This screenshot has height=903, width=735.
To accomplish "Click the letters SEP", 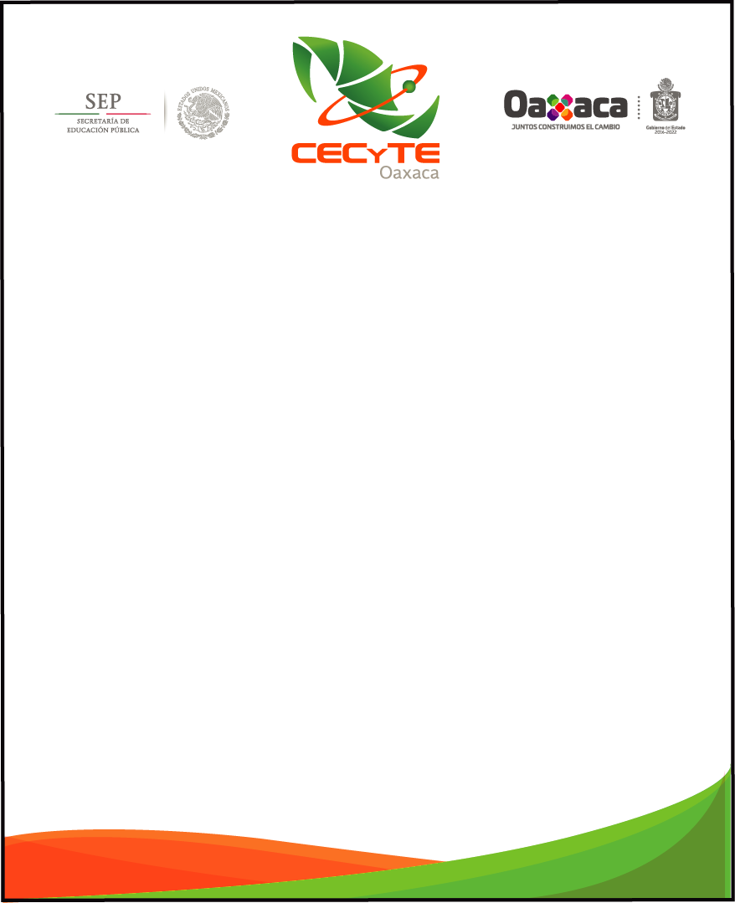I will pos(103,101).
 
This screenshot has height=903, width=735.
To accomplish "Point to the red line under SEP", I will pos(128,114).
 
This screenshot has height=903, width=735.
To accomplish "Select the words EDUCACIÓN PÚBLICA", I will pos(103,131).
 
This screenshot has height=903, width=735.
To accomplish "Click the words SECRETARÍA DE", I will pos(103,122).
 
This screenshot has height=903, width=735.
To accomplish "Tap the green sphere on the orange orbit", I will pos(409,85).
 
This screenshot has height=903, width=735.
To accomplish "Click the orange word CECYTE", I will pos(365,153).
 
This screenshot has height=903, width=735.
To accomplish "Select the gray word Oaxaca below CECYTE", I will pos(409,172).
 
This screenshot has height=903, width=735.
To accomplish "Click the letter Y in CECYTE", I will pos(381,153).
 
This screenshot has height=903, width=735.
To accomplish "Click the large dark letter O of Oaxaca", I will pos(515,105).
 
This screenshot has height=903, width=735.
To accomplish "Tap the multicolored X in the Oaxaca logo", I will pos(559,106).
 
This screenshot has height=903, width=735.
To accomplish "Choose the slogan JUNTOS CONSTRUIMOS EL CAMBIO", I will pos(566,126).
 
